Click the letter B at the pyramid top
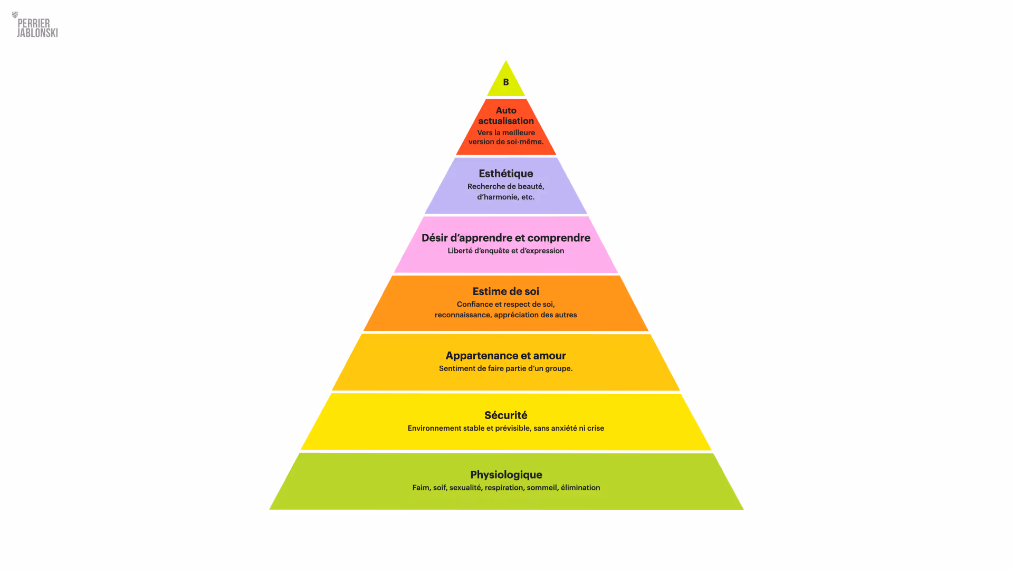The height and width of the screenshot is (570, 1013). click(x=505, y=82)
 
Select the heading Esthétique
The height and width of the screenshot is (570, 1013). click(x=505, y=174)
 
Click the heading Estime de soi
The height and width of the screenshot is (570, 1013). click(x=505, y=291)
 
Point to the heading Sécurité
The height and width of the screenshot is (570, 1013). click(x=505, y=415)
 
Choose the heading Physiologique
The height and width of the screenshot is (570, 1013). click(x=506, y=475)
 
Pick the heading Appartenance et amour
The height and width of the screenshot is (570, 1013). click(x=505, y=356)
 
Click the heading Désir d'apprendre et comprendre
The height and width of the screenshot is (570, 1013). click(x=505, y=238)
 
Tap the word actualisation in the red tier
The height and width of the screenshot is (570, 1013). click(x=506, y=121)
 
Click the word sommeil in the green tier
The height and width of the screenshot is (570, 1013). click(x=542, y=488)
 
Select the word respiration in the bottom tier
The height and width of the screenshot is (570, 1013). click(x=504, y=488)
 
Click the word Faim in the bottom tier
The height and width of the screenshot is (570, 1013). click(x=421, y=488)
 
